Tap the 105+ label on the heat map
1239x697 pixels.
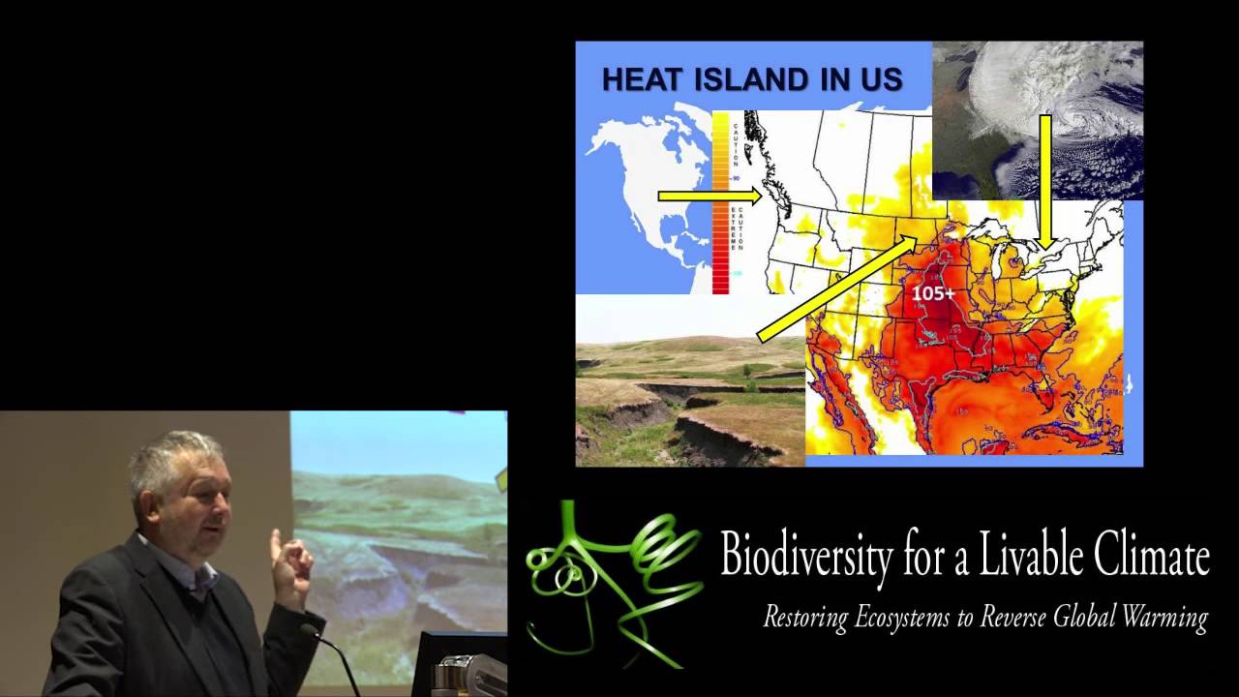tap(933, 290)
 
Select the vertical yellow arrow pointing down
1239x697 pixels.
tap(1045, 179)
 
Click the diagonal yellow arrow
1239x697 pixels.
tap(837, 287)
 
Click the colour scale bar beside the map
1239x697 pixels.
tap(721, 203)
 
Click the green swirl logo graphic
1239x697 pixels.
tap(610, 581)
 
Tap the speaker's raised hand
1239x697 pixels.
tap(290, 566)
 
